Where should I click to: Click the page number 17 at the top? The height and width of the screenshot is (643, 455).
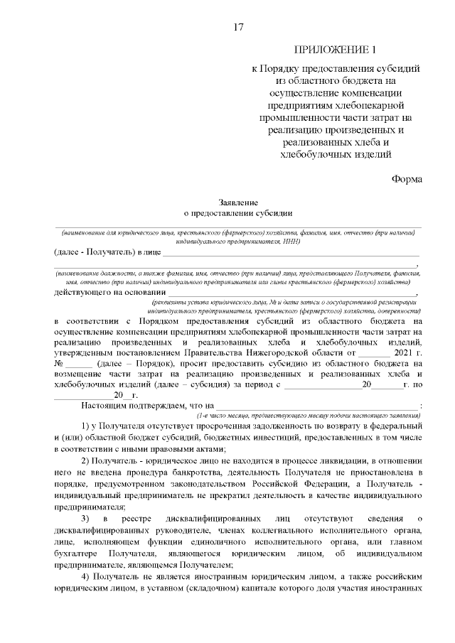239,27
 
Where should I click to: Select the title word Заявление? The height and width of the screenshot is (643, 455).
238,202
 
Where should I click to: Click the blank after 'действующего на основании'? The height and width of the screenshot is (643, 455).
291,293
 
